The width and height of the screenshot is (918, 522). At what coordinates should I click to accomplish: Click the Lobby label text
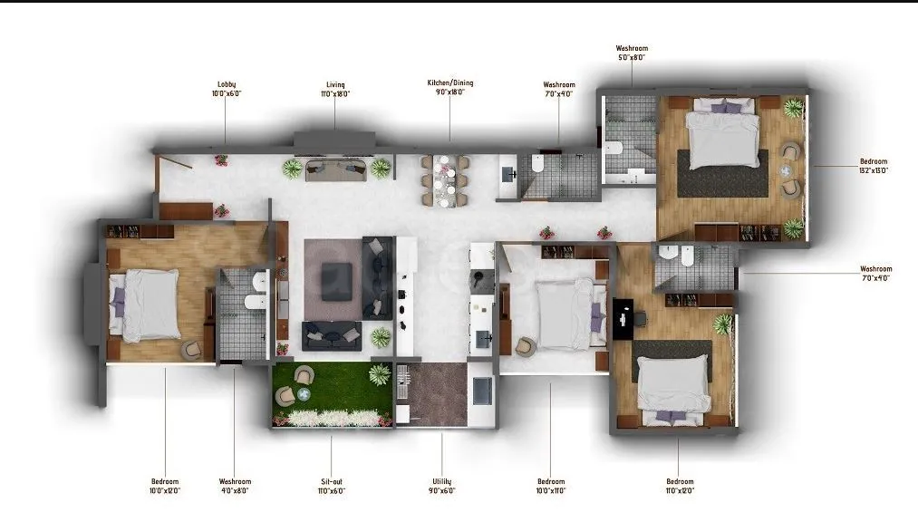[x=227, y=89]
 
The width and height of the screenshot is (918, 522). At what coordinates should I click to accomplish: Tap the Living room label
[x=335, y=89]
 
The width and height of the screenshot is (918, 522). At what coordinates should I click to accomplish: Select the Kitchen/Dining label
[x=450, y=88]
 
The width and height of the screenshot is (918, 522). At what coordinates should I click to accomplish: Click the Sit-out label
[x=331, y=486]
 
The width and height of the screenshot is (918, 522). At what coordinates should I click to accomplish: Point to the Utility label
[x=442, y=486]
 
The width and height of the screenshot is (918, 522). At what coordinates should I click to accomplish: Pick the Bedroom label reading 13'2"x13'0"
[x=874, y=166]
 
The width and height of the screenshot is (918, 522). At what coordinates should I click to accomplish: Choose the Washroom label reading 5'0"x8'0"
[x=632, y=53]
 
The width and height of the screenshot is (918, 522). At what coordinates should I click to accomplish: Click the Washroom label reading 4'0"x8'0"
[x=235, y=486]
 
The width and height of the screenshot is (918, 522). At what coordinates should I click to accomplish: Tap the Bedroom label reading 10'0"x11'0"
[x=551, y=486]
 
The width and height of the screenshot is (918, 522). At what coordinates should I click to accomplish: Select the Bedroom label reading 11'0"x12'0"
[x=680, y=486]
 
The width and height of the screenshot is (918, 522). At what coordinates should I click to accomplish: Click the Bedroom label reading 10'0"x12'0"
[x=165, y=486]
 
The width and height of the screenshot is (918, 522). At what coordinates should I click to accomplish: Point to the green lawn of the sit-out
[x=331, y=386]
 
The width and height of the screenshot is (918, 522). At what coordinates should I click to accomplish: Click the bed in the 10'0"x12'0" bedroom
[x=144, y=304]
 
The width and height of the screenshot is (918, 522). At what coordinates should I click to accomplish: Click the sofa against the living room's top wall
[x=336, y=169]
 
